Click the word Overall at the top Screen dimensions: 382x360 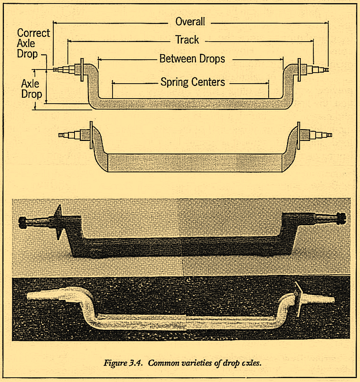(190, 22)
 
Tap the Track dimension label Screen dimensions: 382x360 (187, 40)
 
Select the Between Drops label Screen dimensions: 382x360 (192, 59)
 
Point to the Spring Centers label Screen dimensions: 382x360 (193, 82)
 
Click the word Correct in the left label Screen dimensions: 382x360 (33, 33)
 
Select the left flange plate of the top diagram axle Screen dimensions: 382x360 (82, 69)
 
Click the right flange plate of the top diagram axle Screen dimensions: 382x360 (299, 69)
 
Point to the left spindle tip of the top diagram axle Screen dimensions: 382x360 (55, 69)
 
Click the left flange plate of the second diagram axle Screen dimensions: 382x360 (91, 135)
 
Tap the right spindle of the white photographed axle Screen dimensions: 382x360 (322, 300)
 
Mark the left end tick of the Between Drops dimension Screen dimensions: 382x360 (97, 59)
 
